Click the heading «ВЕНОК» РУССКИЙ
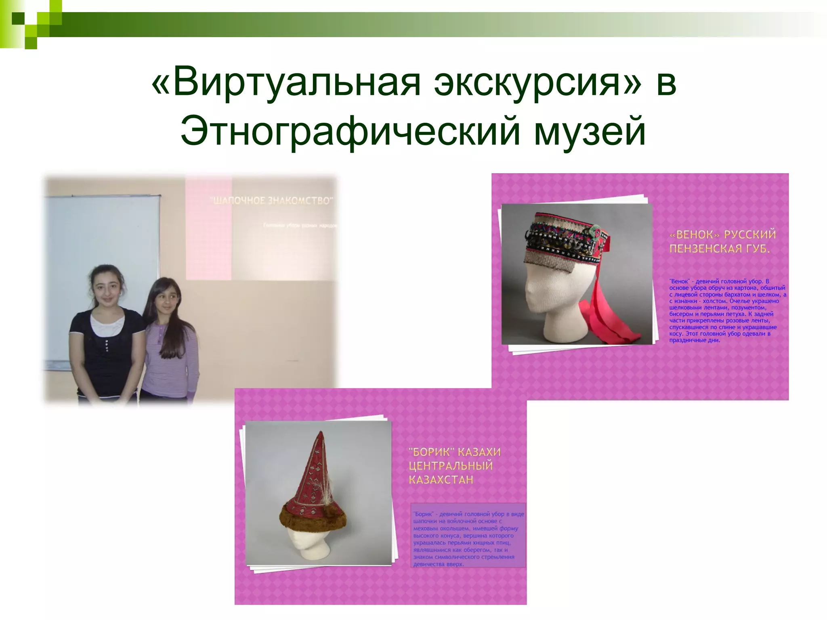point(722,235)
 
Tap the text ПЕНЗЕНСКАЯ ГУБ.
point(720,249)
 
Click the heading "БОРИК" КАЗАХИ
point(454,452)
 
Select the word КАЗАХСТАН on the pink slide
point(441,480)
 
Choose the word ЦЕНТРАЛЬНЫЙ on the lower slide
point(451,466)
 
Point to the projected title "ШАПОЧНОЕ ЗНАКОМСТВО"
point(272,201)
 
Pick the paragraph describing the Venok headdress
point(727,310)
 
